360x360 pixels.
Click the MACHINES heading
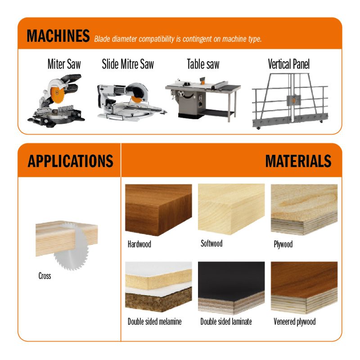point(58,36)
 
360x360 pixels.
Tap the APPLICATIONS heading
point(70,161)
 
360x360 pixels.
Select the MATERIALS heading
point(298,161)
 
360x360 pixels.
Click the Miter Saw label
point(64,64)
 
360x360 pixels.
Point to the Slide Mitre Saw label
point(128,64)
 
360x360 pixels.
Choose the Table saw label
point(203,64)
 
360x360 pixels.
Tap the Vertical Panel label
point(289,64)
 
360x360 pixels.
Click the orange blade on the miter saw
point(57,94)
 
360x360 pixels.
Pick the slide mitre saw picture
point(131,102)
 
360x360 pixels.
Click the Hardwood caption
point(139,244)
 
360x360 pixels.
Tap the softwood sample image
point(231,209)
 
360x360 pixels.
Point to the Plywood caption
point(283,244)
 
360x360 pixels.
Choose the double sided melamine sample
point(158,287)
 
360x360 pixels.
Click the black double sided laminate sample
point(231,288)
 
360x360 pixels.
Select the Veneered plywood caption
point(295,322)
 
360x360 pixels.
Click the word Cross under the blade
point(45,276)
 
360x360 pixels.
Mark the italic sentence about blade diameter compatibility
point(178,39)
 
